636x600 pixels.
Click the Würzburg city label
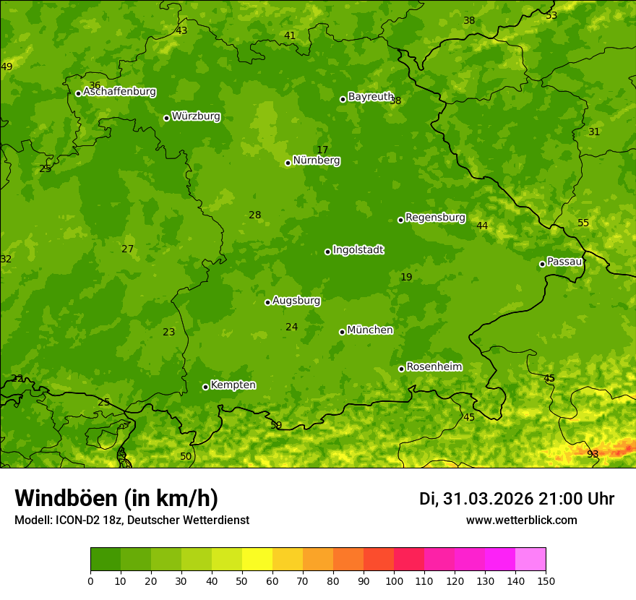[196, 116]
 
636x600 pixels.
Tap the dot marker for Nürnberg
[288, 163]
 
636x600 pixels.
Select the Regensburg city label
[435, 218]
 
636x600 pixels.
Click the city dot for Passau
[542, 264]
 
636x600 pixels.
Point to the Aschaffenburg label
[119, 92]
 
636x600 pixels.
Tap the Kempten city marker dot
[205, 387]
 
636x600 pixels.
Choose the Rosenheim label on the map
[434, 367]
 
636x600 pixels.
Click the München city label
[370, 330]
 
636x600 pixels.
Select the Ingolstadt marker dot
[327, 252]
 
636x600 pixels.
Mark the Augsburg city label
[296, 301]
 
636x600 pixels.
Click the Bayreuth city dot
[343, 99]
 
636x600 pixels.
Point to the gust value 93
[593, 454]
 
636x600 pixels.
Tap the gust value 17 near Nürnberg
[322, 150]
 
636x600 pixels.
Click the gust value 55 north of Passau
[583, 223]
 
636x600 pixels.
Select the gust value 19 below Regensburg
[406, 277]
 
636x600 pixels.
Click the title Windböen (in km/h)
[116, 498]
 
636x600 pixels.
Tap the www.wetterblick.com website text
[521, 520]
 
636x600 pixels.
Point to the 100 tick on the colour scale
[394, 580]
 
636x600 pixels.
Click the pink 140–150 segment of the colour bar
[530, 559]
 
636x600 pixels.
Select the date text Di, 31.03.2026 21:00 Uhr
[516, 499]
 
